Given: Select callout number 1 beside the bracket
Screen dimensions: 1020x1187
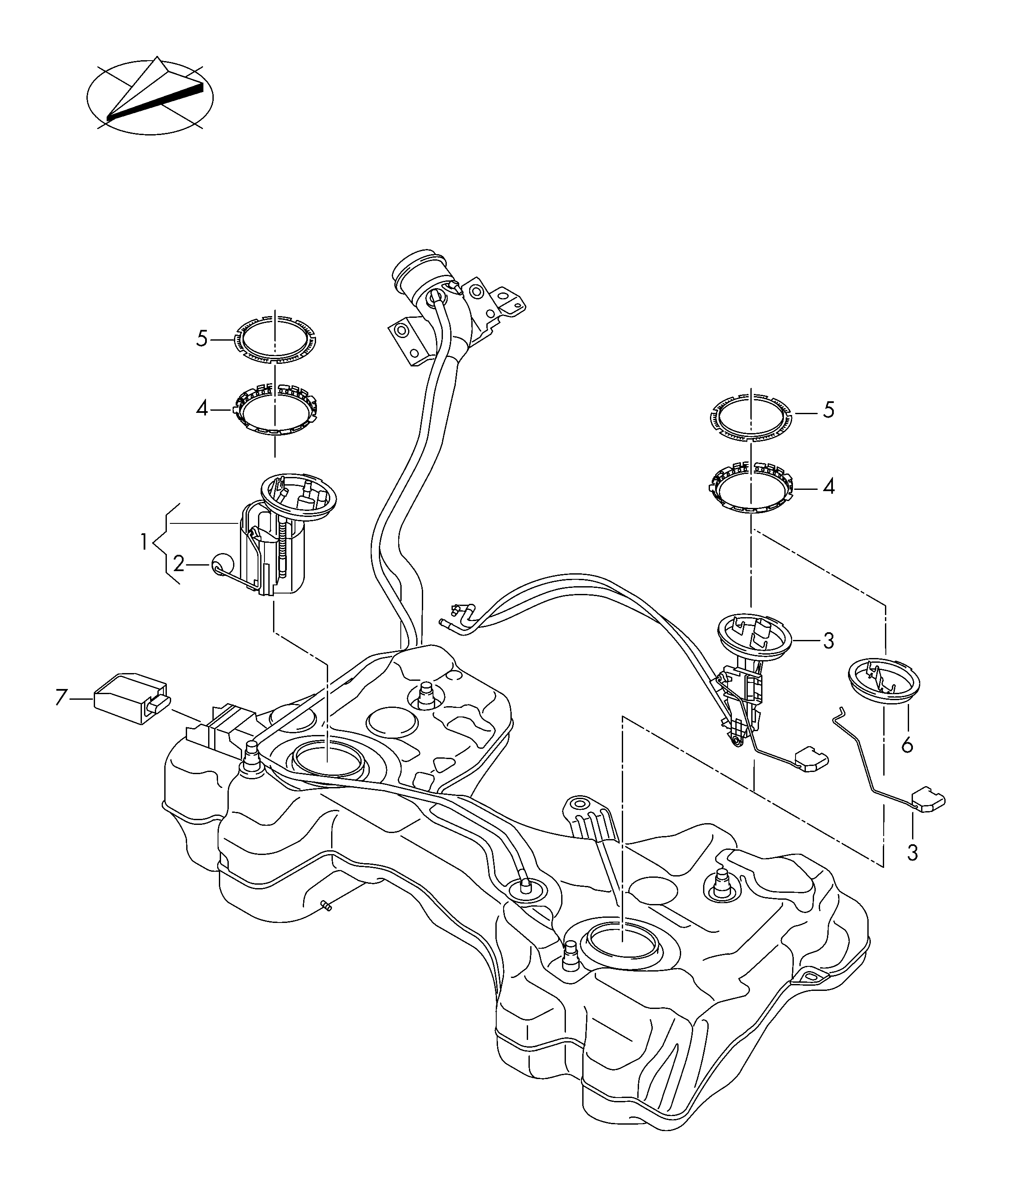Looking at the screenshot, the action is pyautogui.click(x=144, y=541).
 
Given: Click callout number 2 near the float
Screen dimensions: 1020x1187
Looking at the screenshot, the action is pyautogui.click(x=179, y=565).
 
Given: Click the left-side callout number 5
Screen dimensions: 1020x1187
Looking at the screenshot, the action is pyautogui.click(x=202, y=338).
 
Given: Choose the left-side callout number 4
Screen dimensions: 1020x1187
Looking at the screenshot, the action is pyautogui.click(x=202, y=409).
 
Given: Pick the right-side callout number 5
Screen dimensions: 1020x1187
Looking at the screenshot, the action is pyautogui.click(x=829, y=411).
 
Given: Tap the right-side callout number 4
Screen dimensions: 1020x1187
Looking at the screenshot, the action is pyautogui.click(x=829, y=488).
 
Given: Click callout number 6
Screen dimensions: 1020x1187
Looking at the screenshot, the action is pyautogui.click(x=907, y=745).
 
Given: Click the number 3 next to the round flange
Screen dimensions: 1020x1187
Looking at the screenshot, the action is pyautogui.click(x=829, y=641).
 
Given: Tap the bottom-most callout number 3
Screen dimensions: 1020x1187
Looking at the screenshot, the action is pyautogui.click(x=913, y=869).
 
